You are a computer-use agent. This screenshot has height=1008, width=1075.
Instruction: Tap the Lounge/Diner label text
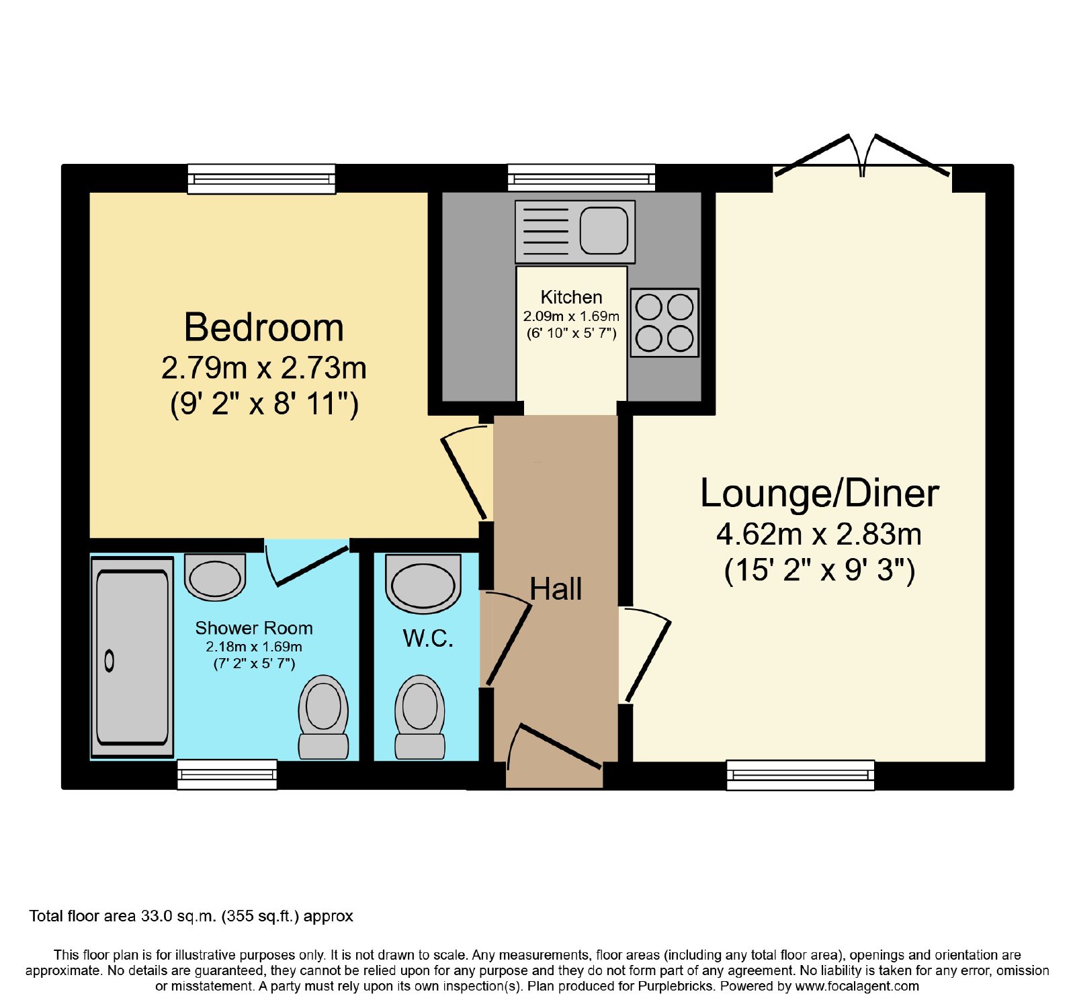coord(819,494)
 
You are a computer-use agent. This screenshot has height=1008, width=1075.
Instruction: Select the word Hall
coord(556,589)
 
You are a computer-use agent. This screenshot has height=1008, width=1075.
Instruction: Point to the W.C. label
coord(428,638)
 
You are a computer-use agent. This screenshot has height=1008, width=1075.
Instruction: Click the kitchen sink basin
coord(604,230)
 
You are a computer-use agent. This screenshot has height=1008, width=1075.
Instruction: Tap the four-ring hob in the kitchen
coord(664,323)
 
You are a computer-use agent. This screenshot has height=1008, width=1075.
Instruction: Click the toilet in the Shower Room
coord(323,717)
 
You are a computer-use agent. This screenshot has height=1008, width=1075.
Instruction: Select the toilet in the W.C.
coord(420,717)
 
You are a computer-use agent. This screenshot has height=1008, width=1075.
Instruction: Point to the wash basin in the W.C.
coord(423,584)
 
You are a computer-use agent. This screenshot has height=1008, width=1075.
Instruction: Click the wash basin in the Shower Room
coord(215,577)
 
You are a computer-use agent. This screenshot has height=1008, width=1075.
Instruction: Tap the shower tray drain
coord(110,661)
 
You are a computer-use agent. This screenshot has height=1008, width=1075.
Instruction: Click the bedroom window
coord(261,179)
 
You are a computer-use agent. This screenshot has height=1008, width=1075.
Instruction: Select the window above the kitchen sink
coord(581,178)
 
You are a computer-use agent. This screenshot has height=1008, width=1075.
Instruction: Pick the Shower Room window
coord(227,775)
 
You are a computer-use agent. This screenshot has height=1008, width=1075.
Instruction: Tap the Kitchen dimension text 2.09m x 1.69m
coord(571,316)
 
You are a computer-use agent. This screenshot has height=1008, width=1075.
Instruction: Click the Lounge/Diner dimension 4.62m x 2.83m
coord(819,535)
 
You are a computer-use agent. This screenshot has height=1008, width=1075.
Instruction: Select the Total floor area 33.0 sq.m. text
coord(191,916)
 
